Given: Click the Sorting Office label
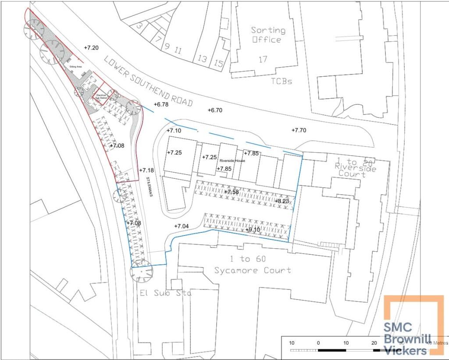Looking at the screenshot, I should (x=268, y=35).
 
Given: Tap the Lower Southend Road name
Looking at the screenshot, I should (x=149, y=82).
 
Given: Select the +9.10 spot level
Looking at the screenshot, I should (x=253, y=230).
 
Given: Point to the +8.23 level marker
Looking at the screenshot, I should (x=282, y=201).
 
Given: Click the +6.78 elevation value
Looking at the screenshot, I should (x=161, y=104).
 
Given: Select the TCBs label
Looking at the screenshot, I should (x=282, y=81).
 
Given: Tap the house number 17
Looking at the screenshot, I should (x=263, y=59).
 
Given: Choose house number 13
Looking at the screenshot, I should (x=202, y=58).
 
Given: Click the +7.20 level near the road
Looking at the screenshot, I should (x=91, y=48).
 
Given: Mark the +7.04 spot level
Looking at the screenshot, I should (x=181, y=226).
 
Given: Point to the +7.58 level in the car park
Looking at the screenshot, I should (x=231, y=192).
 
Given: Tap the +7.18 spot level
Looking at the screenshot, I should (x=146, y=170).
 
